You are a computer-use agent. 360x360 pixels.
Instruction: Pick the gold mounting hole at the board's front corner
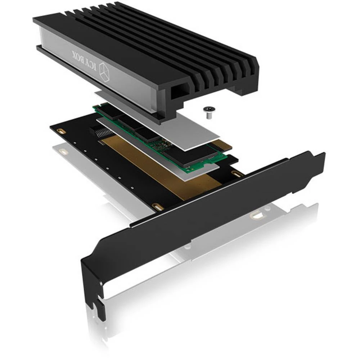(x=157, y=206)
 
